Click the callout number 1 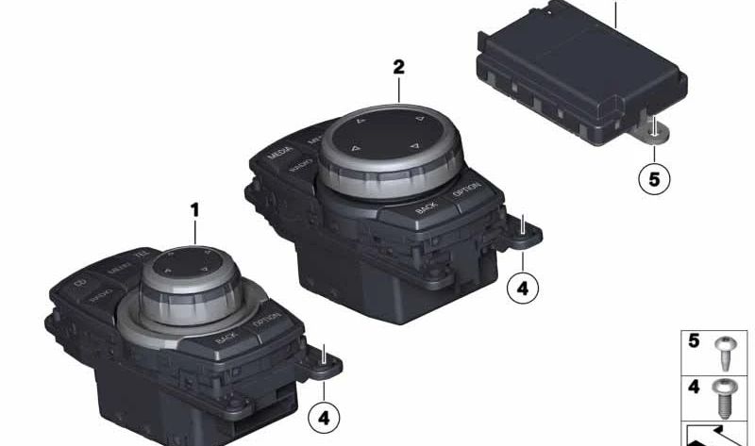point(194,209)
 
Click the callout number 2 point(398,67)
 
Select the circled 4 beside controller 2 point(522,288)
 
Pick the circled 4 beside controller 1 point(324,416)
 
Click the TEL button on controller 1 point(142,255)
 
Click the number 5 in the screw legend point(694,341)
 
